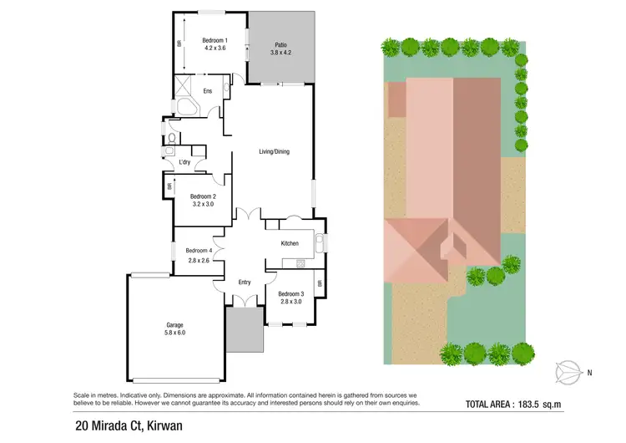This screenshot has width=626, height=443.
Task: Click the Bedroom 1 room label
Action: (215, 40)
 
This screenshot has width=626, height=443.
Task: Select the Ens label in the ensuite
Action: (206, 92)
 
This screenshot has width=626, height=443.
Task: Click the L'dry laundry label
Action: (185, 162)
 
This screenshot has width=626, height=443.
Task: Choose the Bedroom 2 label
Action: (203, 196)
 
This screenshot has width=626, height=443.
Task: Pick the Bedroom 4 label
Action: (199, 251)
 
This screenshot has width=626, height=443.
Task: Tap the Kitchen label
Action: (290, 243)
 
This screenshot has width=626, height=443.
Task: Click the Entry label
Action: (244, 282)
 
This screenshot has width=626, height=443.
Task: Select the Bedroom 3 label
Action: (290, 293)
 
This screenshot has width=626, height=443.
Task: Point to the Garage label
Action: (174, 324)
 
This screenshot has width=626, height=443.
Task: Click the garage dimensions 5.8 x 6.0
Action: (174, 334)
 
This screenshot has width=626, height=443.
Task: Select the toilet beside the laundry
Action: (171, 138)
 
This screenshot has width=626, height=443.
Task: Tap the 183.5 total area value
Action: (534, 405)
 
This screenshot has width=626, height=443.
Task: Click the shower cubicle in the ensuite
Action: (182, 84)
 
